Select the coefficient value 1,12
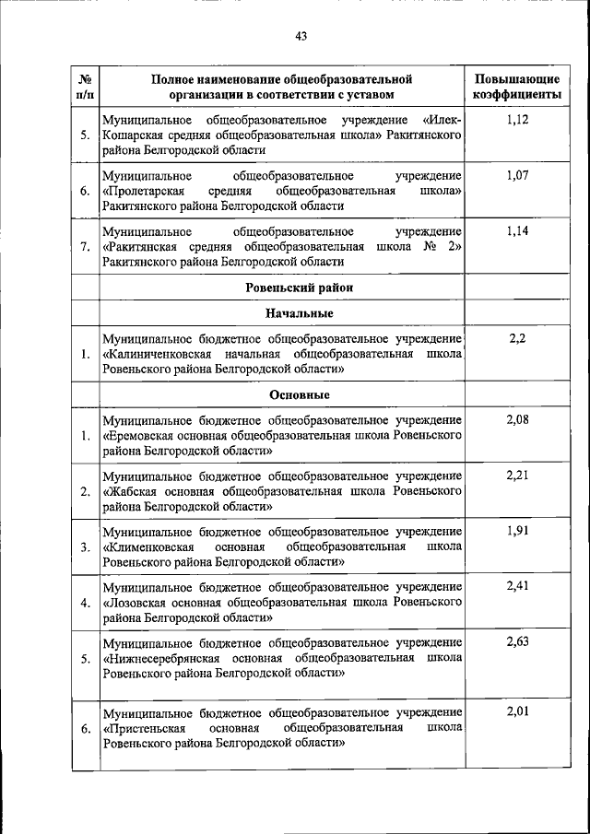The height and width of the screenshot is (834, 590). (516, 120)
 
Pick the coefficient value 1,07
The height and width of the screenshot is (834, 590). (516, 175)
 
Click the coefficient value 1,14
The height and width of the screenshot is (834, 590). (516, 230)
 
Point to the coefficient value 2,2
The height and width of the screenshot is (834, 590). (516, 338)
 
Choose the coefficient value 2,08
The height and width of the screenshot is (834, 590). (516, 420)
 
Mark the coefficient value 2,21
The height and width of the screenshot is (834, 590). (516, 476)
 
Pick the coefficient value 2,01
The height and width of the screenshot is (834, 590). (516, 712)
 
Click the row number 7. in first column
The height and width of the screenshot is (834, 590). (84, 246)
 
